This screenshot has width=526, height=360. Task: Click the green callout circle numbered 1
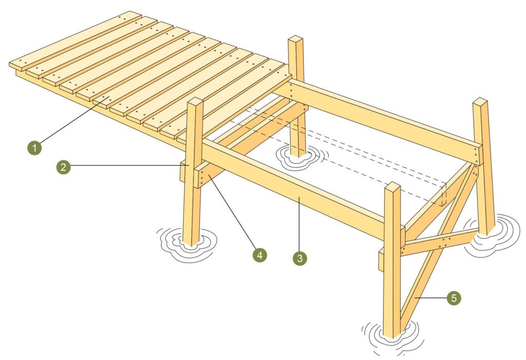pyautogui.click(x=34, y=148)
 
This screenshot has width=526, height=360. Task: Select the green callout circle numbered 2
pyautogui.click(x=63, y=166)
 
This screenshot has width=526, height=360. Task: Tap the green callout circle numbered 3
pyautogui.click(x=299, y=258)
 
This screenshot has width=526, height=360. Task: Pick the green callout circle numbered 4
pyautogui.click(x=259, y=254)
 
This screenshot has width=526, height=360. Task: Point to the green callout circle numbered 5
pyautogui.click(x=453, y=297)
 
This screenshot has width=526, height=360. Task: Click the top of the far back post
pyautogui.click(x=295, y=39)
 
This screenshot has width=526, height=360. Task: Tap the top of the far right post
pyautogui.click(x=480, y=101)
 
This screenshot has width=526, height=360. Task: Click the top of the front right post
pyautogui.click(x=392, y=186)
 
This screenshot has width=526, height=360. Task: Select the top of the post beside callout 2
pyautogui.click(x=195, y=102)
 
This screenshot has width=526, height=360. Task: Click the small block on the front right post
pyautogui.click(x=381, y=260)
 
